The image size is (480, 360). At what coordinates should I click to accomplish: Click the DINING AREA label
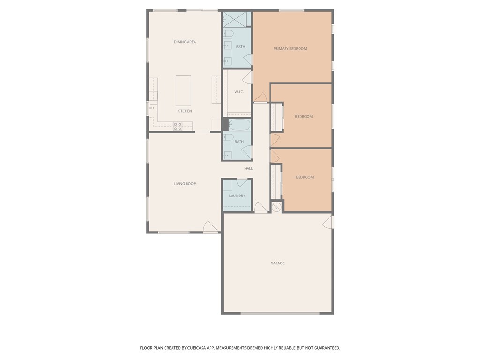(185, 42)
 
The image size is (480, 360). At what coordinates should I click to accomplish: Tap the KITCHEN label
(185, 111)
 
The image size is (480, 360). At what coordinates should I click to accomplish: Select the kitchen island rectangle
(183, 91)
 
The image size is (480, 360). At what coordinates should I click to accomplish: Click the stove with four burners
(178, 126)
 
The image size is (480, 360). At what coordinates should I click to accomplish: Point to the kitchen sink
(153, 108)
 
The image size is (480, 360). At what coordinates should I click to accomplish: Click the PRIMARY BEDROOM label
(290, 48)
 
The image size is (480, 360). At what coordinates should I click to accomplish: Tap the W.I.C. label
(239, 92)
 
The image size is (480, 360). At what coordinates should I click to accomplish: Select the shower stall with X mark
(234, 19)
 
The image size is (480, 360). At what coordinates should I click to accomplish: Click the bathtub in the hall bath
(240, 125)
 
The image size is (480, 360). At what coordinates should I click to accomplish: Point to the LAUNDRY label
(237, 195)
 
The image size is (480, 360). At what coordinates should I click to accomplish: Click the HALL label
(248, 168)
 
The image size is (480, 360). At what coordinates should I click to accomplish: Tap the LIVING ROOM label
(185, 184)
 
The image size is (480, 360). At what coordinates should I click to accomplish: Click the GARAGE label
(277, 263)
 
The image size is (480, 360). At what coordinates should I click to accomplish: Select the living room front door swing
(210, 226)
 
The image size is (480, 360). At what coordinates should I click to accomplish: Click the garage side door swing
(328, 222)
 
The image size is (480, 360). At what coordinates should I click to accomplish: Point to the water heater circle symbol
(277, 207)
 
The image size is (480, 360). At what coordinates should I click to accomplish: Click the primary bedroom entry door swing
(260, 97)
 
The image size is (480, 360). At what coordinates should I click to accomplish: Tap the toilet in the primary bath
(228, 33)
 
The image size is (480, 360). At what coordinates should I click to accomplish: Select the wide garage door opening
(280, 313)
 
